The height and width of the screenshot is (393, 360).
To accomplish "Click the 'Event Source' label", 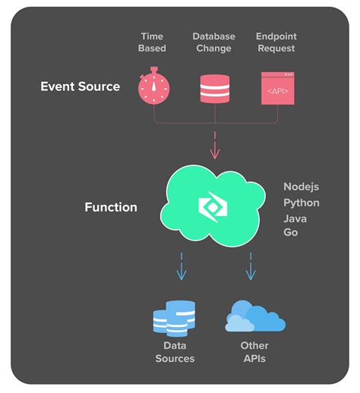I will tap(80, 86).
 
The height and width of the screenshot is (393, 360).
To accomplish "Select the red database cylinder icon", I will tap(214, 87).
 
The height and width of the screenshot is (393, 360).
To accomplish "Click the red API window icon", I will tap(276, 87).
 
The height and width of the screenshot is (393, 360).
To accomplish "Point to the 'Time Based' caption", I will tap(152, 42).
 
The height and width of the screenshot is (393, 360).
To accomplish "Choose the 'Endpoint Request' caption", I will tap(276, 42).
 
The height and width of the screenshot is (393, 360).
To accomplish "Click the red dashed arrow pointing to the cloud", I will tap(214, 146).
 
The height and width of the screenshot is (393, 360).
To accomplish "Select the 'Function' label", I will tap(111, 207).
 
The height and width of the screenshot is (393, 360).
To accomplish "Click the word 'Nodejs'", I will tap(302, 187).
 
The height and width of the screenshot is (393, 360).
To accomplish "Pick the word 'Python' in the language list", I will tap(302, 203).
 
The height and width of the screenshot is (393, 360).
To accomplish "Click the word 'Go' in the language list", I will tap(291, 232).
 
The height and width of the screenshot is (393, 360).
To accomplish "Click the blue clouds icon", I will tap(255, 318).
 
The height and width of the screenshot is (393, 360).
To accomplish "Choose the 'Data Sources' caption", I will tap(175, 352).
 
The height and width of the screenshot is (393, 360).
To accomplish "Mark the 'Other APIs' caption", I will tap(254, 352).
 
